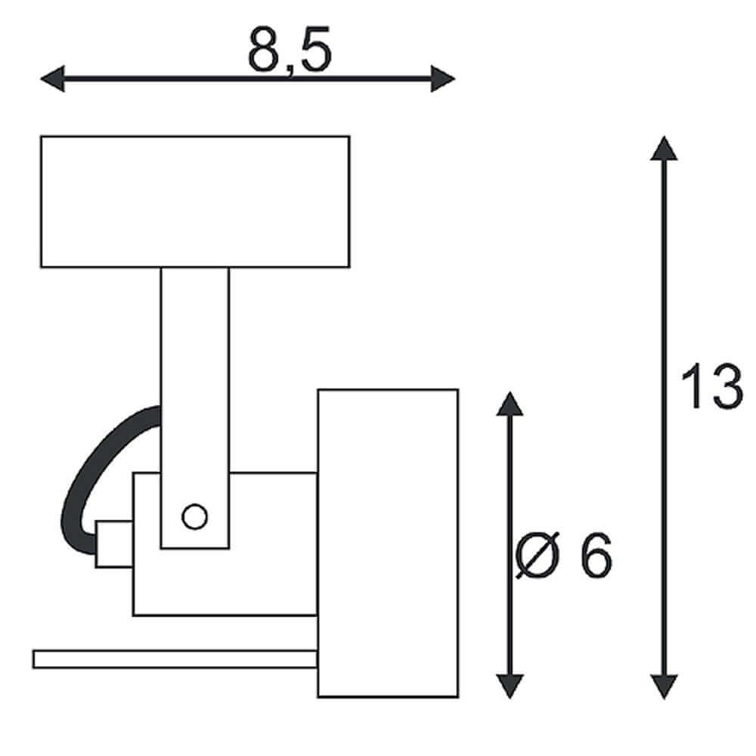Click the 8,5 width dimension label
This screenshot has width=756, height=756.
click(290, 50)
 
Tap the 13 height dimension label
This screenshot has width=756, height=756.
click(711, 386)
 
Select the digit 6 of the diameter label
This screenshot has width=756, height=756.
click(596, 555)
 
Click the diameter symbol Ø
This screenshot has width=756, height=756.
click(538, 555)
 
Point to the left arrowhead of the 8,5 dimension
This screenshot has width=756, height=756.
click(52, 78)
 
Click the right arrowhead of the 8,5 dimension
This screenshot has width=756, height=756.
click(443, 78)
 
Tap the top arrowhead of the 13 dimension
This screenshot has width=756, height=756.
click(664, 148)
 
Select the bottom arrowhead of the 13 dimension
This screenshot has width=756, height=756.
click(664, 686)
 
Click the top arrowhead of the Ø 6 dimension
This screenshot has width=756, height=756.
click(510, 404)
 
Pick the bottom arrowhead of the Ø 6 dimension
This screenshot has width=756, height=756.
click(510, 686)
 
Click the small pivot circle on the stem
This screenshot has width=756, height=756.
click(195, 516)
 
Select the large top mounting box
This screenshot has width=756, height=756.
click(195, 202)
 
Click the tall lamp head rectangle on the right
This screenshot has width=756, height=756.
click(388, 543)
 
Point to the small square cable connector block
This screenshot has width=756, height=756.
click(114, 544)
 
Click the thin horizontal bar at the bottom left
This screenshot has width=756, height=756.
click(175, 659)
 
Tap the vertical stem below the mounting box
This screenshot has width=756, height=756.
click(195, 408)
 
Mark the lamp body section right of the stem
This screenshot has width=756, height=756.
click(273, 544)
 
